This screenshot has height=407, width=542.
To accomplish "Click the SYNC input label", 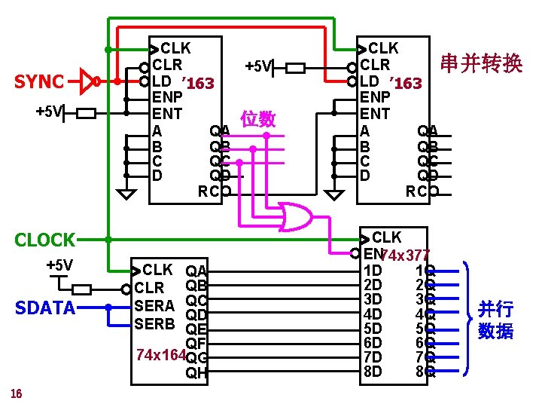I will [x=39, y=81].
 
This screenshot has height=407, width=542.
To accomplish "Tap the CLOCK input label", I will [x=45, y=240].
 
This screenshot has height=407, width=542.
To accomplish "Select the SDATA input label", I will [x=46, y=308].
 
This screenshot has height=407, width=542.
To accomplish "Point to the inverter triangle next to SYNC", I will [x=87, y=80].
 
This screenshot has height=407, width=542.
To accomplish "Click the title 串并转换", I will [x=482, y=64].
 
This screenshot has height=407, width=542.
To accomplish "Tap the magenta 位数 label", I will [x=257, y=119].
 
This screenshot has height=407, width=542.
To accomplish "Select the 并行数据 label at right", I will [x=495, y=320].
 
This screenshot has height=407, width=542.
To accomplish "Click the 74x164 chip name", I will [x=158, y=354].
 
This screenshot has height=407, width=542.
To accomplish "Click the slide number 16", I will [x=16, y=393].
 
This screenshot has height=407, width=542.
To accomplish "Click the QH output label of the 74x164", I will [x=196, y=372].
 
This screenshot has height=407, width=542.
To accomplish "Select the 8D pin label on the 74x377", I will [x=373, y=371].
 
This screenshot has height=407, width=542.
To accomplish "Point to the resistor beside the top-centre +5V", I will [x=295, y=67].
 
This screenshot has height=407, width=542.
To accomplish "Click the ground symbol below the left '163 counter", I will [x=129, y=194].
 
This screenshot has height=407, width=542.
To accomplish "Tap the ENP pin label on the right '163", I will [x=375, y=97].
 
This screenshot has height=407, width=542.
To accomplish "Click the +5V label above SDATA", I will [x=59, y=265].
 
